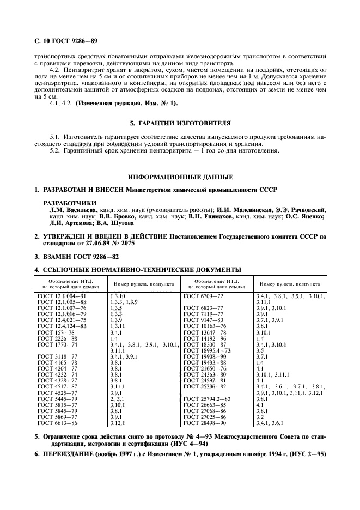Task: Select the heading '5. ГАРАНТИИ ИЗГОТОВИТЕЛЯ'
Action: (180, 123)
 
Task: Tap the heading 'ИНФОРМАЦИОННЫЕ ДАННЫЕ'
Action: (180, 177)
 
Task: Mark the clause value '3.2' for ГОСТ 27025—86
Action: (260, 417)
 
